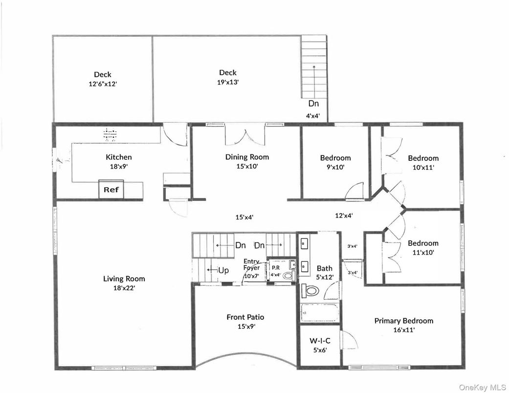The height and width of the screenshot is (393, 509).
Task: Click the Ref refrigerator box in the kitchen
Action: [112, 190]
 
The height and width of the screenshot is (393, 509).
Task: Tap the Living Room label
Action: [124, 279]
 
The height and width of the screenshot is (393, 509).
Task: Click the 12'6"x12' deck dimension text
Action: [102, 84]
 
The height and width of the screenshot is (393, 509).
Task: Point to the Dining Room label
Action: [247, 157]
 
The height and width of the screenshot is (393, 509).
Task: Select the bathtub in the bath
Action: [319, 312]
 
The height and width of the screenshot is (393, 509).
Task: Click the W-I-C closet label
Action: [320, 341]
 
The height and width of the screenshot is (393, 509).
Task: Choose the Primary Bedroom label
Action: [403, 321]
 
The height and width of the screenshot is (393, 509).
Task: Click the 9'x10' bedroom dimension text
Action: [335, 167]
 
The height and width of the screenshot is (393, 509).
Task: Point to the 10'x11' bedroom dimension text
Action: [423, 167]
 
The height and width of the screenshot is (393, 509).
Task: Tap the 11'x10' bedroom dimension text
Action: [423, 252]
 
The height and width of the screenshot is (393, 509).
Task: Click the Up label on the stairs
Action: [222, 270]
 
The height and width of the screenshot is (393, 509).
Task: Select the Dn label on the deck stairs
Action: [313, 104]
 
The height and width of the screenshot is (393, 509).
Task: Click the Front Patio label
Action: [245, 317]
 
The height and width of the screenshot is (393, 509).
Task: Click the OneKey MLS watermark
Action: [482, 387]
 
